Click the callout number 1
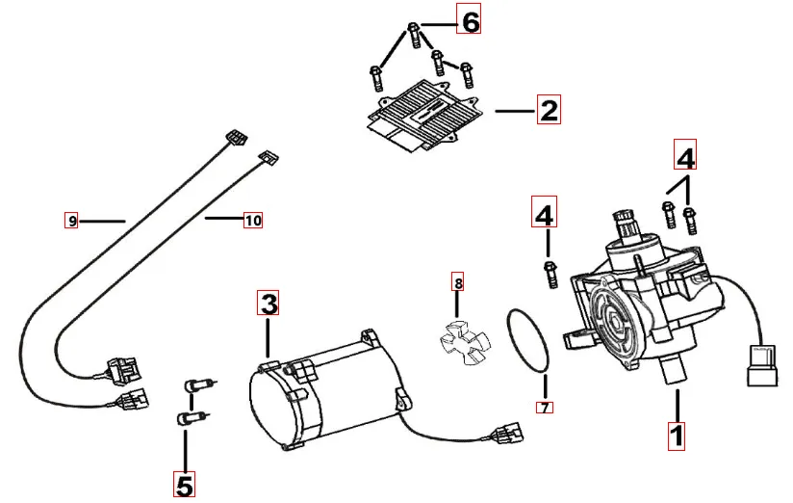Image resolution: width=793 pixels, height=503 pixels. tap(677, 436)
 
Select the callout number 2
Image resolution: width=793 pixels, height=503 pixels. tap(548, 110)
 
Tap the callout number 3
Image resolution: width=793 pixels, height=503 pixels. tap(269, 304)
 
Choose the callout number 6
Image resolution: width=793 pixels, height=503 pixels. tap(469, 20)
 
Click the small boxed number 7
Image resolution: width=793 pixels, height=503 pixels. tap(545, 408)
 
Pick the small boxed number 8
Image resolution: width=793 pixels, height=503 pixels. tap(458, 283)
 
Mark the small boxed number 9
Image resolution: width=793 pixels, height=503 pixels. tap(72, 221)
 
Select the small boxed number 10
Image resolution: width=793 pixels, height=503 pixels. tap(252, 221)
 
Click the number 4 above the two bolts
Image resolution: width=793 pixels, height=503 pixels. tap(684, 155)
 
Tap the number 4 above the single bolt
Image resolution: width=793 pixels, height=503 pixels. tap(545, 214)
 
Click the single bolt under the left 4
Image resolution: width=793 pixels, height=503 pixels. tap(550, 273)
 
